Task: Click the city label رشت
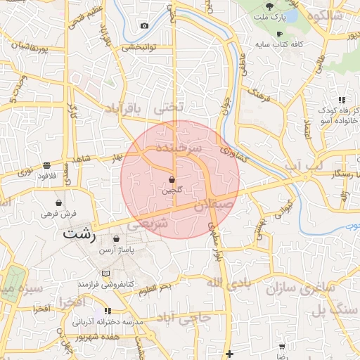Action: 79,233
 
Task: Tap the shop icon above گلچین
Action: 172,180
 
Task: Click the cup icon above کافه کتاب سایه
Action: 280,34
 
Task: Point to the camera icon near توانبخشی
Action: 144,26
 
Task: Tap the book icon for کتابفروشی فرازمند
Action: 106,273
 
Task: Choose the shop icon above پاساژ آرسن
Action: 116,239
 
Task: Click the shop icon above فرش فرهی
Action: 68,202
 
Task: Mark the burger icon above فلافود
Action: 46,166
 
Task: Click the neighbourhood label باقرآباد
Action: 123,108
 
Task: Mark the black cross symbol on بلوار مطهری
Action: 229,354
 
